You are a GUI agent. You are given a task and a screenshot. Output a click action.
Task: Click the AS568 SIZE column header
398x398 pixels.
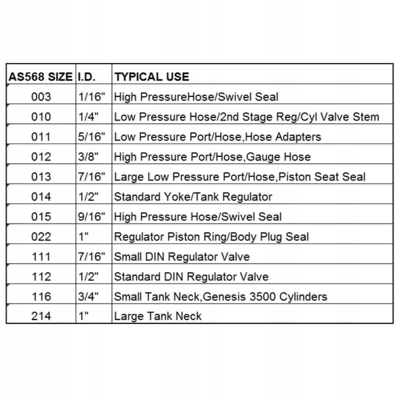click(x=40, y=77)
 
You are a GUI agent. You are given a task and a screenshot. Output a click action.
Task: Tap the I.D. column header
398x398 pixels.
click(x=86, y=77)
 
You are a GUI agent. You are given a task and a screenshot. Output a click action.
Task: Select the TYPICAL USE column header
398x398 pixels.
click(x=152, y=77)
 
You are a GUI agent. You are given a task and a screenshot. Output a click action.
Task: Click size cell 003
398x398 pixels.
click(x=41, y=96)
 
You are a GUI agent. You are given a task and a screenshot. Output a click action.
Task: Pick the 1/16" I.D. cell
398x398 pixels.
click(x=91, y=96)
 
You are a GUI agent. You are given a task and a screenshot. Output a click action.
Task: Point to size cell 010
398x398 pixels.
click(x=41, y=117)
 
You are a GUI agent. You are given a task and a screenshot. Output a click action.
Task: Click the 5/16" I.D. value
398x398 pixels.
click(x=91, y=137)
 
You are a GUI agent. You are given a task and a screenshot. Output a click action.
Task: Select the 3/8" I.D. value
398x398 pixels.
click(x=88, y=157)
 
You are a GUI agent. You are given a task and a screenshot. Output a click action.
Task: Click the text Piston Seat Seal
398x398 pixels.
click(x=322, y=177)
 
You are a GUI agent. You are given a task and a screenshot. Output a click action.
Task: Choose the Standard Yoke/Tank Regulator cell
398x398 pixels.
click(x=193, y=197)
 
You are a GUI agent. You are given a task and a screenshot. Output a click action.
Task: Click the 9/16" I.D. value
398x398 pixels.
click(x=91, y=216)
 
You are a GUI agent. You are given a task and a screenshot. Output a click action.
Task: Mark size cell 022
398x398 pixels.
click(x=41, y=237)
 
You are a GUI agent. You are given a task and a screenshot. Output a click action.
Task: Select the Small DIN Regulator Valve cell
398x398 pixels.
click(x=182, y=257)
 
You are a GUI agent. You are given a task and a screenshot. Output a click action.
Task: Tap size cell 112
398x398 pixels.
click(x=41, y=277)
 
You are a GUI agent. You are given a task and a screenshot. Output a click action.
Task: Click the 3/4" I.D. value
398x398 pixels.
click(x=88, y=297)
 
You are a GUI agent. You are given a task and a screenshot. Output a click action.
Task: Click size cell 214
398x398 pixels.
click(x=41, y=316)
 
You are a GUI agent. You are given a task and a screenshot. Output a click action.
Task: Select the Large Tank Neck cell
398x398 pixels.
click(x=157, y=316)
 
